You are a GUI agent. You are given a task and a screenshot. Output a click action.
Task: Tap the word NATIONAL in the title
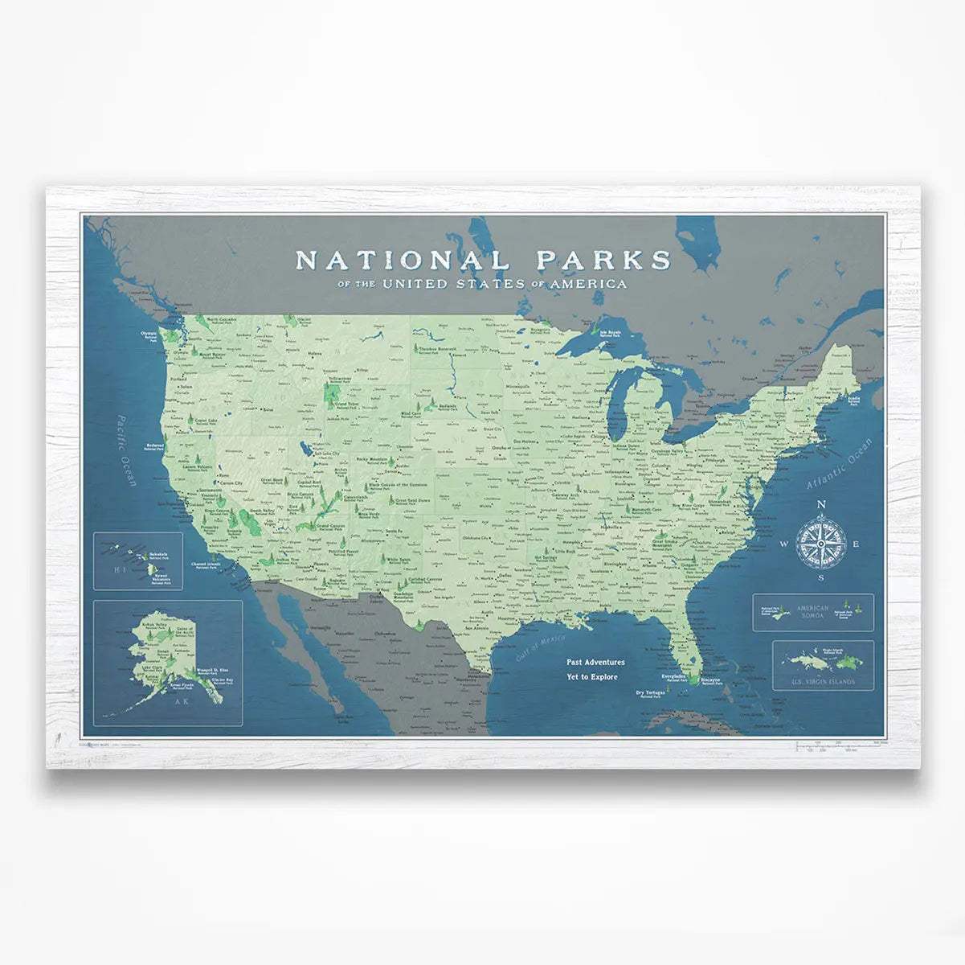[402, 260]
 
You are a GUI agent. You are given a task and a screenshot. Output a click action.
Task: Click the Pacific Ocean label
[127, 450]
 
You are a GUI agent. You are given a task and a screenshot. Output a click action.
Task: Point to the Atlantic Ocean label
[839, 466]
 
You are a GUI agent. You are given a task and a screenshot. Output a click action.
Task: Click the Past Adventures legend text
[595, 662]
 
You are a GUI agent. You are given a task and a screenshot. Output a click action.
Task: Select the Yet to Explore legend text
[592, 677]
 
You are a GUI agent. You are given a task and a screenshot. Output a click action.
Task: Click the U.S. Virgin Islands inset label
[822, 682]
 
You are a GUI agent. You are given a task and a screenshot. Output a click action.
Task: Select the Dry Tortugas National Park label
[651, 693]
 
